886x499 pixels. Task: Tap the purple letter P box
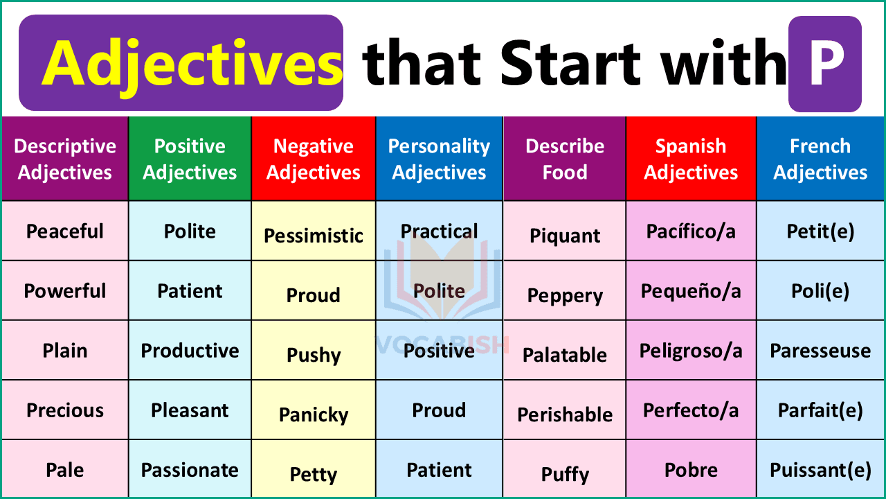pos(825,64)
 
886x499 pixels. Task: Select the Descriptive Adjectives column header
pos(65,159)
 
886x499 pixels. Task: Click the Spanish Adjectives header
pos(691,159)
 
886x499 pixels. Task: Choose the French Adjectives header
pos(820,159)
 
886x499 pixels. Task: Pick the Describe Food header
pos(565,159)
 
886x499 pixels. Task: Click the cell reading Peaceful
pos(65,231)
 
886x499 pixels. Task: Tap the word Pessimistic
pos(314,236)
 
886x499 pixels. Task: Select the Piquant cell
pos(565,236)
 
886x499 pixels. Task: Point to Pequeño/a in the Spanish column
pos(691,290)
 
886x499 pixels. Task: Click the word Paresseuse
pos(820,350)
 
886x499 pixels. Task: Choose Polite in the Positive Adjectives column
pos(190,231)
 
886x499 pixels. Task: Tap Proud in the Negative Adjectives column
pos(314,295)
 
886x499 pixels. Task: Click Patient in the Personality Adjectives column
pos(439,470)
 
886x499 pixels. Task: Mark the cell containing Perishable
pos(565,414)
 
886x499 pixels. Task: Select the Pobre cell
pos(691,470)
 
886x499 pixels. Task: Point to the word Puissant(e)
pos(820,470)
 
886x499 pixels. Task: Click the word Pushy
pos(314,355)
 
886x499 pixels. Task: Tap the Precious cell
pos(65,410)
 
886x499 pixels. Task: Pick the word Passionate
pos(190,470)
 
